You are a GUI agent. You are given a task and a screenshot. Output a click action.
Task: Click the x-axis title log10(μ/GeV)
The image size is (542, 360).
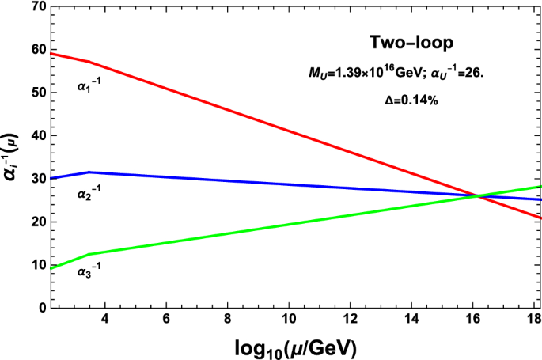tap(295, 347)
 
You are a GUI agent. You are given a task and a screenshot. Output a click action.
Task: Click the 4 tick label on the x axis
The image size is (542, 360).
tap(104, 319)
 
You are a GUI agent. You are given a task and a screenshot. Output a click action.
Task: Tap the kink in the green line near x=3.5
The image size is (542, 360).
tap(89, 254)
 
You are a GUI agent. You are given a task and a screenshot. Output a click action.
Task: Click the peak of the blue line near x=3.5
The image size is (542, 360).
tap(89, 172)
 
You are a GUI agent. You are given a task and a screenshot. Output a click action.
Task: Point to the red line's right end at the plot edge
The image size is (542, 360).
tap(540, 218)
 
